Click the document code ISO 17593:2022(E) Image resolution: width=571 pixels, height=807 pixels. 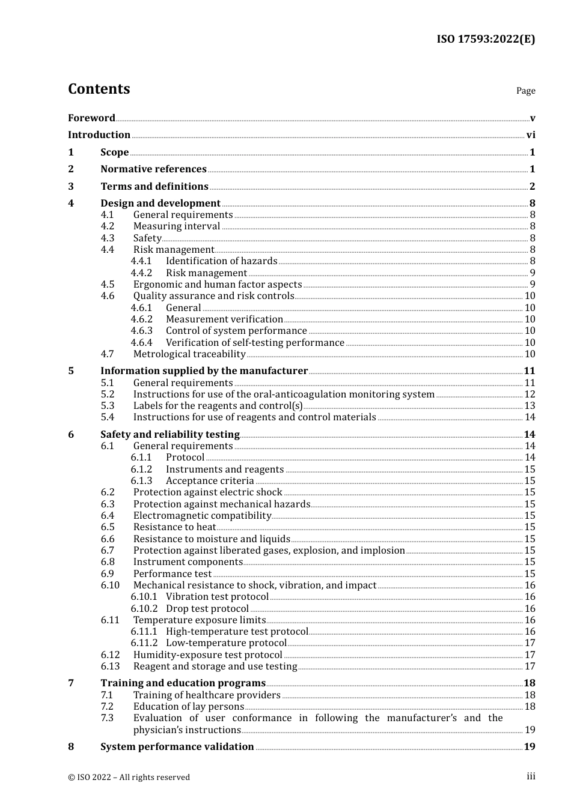click(x=485, y=39)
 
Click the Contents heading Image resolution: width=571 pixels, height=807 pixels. click(x=99, y=89)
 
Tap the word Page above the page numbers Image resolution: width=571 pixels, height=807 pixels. click(x=525, y=91)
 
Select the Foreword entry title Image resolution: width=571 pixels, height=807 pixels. click(x=91, y=118)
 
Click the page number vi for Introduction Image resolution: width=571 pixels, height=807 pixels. click(x=531, y=135)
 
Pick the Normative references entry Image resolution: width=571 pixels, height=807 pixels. click(x=153, y=169)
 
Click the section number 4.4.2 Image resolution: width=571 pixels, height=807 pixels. click(x=141, y=273)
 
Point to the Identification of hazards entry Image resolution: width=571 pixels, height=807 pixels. click(x=221, y=261)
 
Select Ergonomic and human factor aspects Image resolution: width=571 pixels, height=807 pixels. click(x=217, y=285)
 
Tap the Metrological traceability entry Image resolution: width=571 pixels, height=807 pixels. click(x=189, y=354)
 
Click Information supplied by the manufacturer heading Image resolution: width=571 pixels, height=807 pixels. click(x=204, y=371)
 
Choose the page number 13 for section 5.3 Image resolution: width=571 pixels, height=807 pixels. click(x=530, y=406)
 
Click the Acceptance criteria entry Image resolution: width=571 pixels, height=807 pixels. click(x=210, y=481)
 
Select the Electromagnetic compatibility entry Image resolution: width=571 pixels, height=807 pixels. click(x=202, y=516)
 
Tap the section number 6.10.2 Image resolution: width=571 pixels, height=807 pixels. click(x=144, y=609)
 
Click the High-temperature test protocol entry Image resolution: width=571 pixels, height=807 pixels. click(x=237, y=632)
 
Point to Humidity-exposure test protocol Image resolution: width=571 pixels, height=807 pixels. click(x=207, y=655)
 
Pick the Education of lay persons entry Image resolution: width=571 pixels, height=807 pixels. click(x=188, y=707)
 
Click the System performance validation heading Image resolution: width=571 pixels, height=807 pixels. click(x=177, y=747)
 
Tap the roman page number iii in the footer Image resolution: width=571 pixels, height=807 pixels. click(x=531, y=776)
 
